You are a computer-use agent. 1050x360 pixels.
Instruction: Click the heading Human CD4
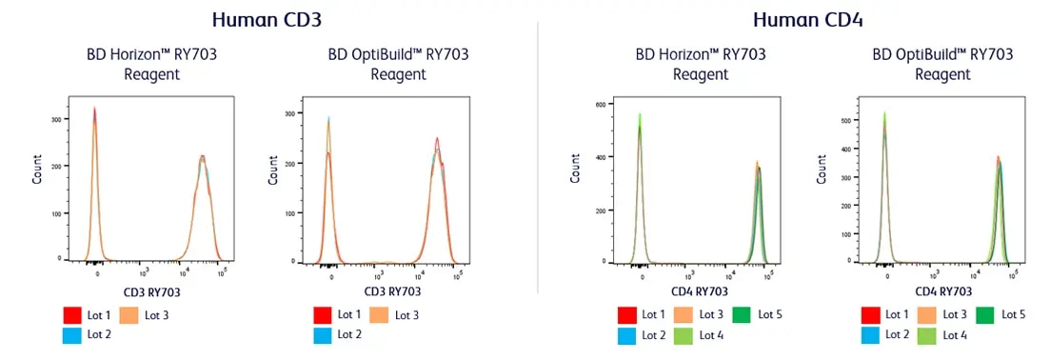pyautogui.click(x=808, y=18)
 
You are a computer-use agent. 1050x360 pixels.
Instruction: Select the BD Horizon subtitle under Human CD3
pyautogui.click(x=151, y=64)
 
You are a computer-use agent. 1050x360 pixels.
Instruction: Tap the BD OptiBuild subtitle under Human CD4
pyautogui.click(x=942, y=64)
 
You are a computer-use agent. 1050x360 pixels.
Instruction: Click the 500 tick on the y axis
pyautogui.click(x=843, y=121)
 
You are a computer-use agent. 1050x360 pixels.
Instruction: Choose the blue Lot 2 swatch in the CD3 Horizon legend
pyautogui.click(x=75, y=334)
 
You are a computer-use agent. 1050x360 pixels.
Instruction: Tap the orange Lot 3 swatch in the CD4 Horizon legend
pyautogui.click(x=683, y=314)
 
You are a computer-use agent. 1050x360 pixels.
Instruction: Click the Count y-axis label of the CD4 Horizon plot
pyautogui.click(x=575, y=170)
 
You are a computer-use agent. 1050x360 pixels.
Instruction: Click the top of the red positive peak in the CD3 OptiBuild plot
pyautogui.click(x=437, y=138)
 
